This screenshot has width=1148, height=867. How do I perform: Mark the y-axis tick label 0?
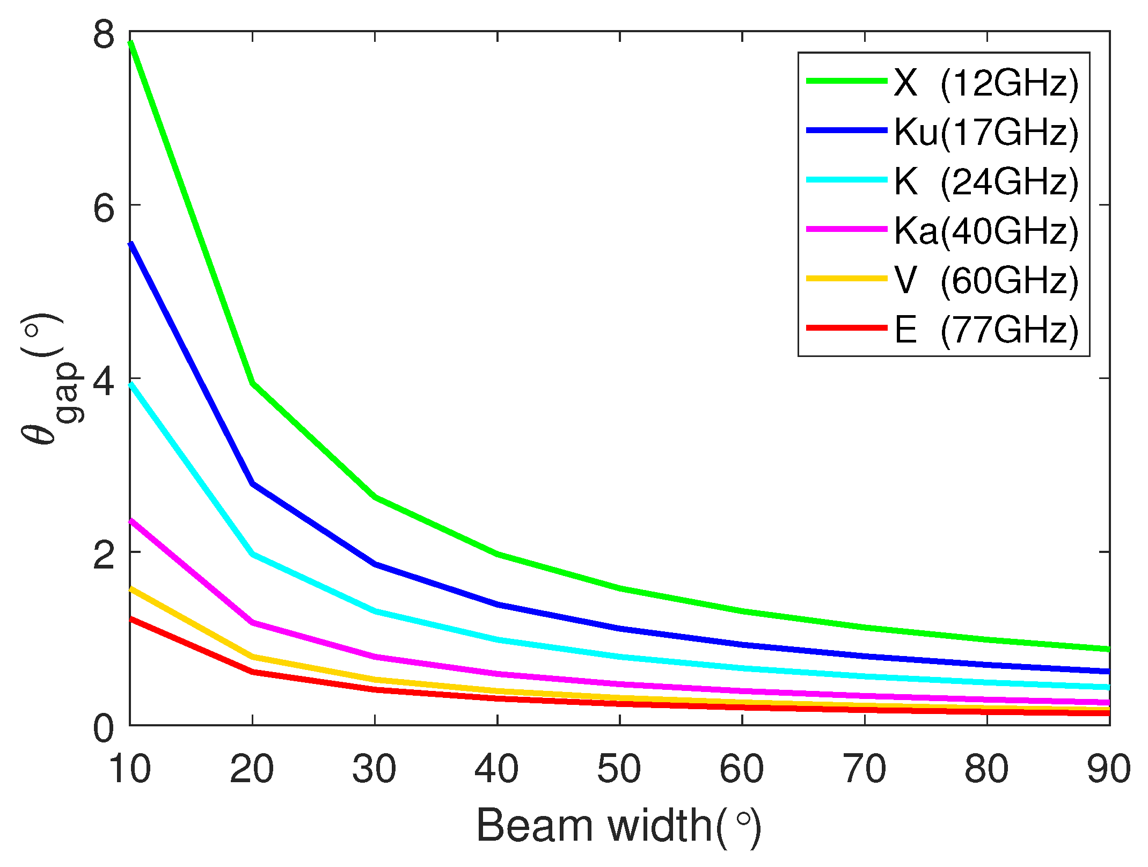click(104, 729)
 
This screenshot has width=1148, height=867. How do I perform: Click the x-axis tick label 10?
click(130, 769)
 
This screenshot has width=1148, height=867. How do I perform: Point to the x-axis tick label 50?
click(619, 769)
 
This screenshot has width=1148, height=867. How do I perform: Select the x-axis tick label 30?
click(375, 769)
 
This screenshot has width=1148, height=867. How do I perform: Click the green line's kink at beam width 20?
click(252, 383)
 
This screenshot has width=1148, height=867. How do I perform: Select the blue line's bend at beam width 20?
click(252, 484)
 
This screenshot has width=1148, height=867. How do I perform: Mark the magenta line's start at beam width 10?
click(131, 520)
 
